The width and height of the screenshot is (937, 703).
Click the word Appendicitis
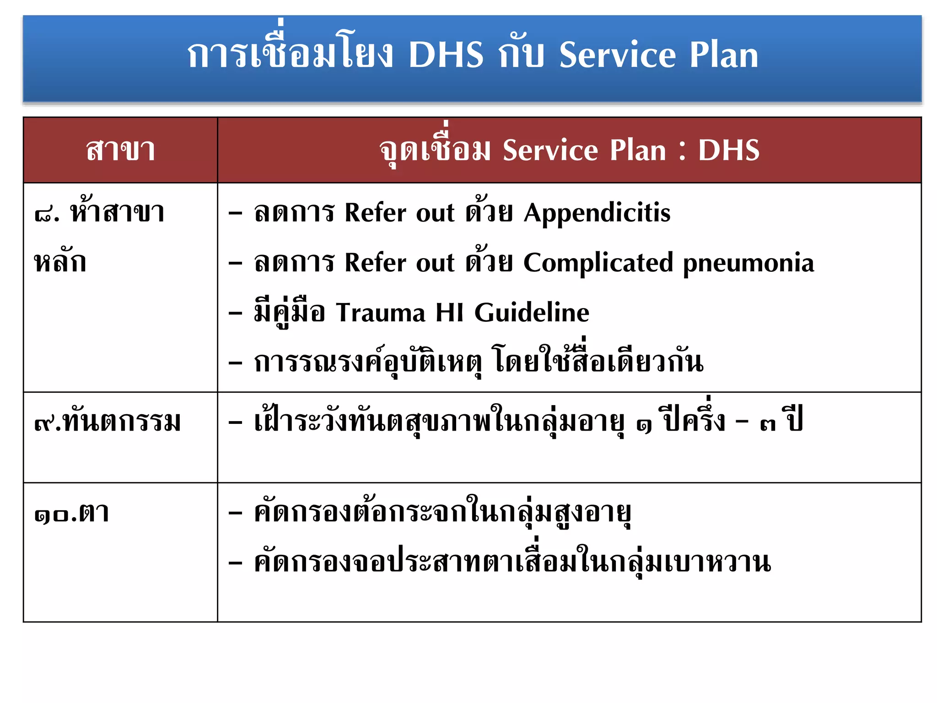coord(597,213)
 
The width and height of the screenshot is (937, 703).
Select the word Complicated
coord(598,263)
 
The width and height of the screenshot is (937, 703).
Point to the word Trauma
coord(381,313)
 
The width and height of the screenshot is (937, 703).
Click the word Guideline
coord(532,313)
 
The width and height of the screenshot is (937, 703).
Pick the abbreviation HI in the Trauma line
coord(450,313)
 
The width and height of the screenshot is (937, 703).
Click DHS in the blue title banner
coord(446,55)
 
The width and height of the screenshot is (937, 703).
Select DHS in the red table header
coord(728,150)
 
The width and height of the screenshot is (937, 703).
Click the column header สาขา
coord(121,150)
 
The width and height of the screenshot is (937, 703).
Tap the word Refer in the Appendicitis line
coord(375,213)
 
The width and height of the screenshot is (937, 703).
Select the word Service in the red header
coord(550,150)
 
